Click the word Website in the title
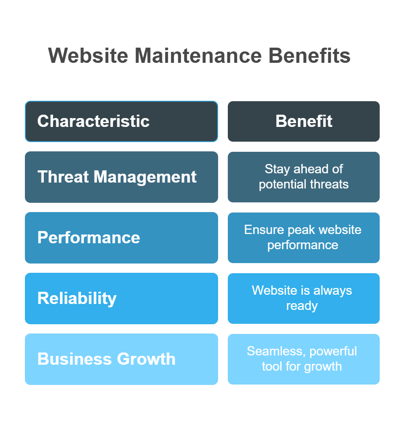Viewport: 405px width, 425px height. pos(88,56)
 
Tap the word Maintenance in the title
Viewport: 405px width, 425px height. pos(198,56)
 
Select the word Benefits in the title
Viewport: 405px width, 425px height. pos(310,56)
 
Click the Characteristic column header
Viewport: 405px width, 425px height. pos(121,121)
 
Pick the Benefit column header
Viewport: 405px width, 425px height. pos(304,121)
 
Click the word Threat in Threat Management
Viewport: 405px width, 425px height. pos(63,177)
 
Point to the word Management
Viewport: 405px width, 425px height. pos(145,178)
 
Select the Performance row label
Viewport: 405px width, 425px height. pos(89,237)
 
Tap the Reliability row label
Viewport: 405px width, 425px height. pos(77,299)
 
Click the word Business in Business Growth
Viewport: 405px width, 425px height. pos(75,359)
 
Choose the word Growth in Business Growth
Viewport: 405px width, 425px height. pos(146,359)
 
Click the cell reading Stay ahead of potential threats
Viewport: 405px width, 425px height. pos(304,177)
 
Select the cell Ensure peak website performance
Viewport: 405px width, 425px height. pos(304,238)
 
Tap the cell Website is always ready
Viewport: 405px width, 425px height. pos(304,299)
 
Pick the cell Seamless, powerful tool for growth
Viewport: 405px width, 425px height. pos(304,359)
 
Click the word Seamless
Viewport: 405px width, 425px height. pos(276,351)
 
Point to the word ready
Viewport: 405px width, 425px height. pos(302,306)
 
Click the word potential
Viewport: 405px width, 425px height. pos(283,185)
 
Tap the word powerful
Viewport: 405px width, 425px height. pos(333,352)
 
